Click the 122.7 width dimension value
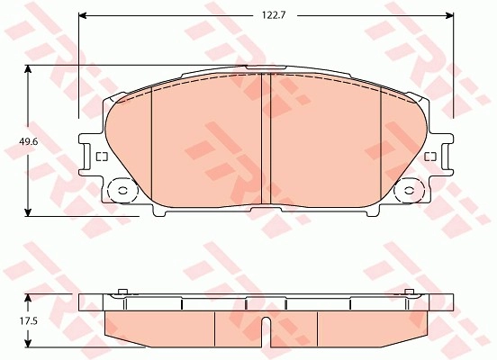274,15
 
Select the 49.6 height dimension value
29,141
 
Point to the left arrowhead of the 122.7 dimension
83,15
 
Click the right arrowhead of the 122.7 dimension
449,15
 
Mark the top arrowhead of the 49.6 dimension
29,69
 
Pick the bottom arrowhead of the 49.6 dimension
29,212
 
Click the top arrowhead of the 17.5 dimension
29,298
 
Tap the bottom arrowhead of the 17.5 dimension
29,343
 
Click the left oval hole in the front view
122,191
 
